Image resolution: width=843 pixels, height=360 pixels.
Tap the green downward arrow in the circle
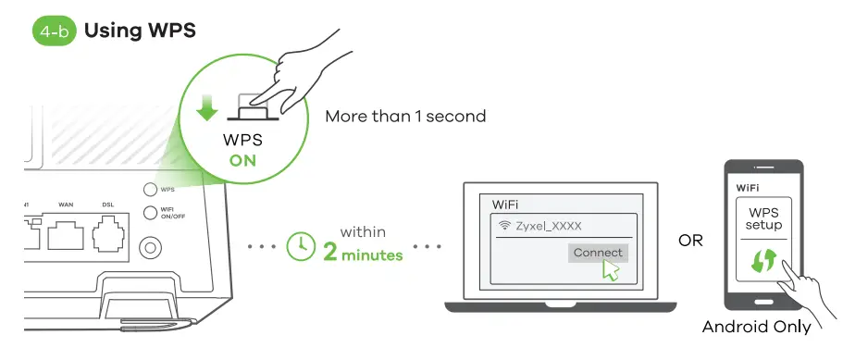[208, 108]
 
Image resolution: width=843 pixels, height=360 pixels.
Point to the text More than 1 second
[405, 117]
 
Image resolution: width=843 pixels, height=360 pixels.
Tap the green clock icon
[301, 245]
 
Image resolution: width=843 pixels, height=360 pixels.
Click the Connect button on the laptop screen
[598, 253]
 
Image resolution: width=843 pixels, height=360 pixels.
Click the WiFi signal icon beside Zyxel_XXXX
[505, 225]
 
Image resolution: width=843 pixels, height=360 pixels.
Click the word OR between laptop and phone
[690, 242]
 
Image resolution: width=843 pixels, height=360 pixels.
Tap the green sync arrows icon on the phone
[762, 261]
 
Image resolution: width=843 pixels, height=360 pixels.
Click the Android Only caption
[756, 327]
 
